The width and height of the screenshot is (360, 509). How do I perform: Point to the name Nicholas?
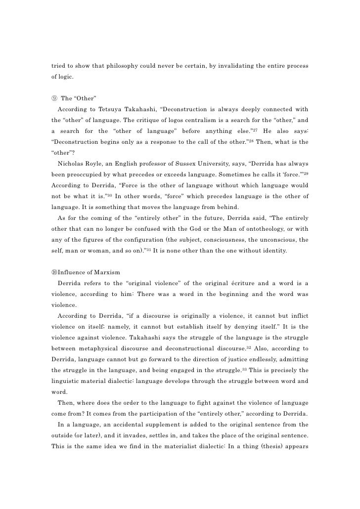(72, 176)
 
